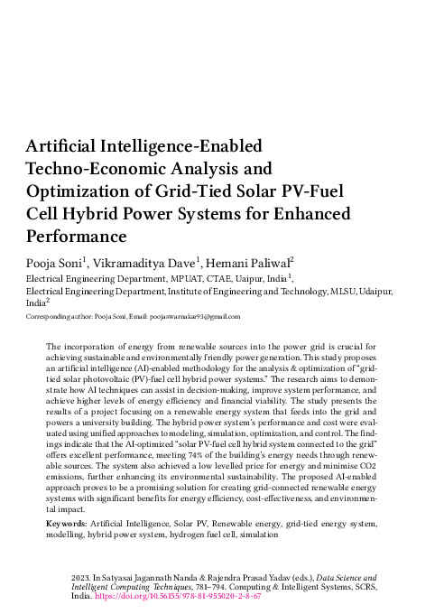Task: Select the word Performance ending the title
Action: click(77, 237)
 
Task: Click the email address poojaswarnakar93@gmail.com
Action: click(196, 317)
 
